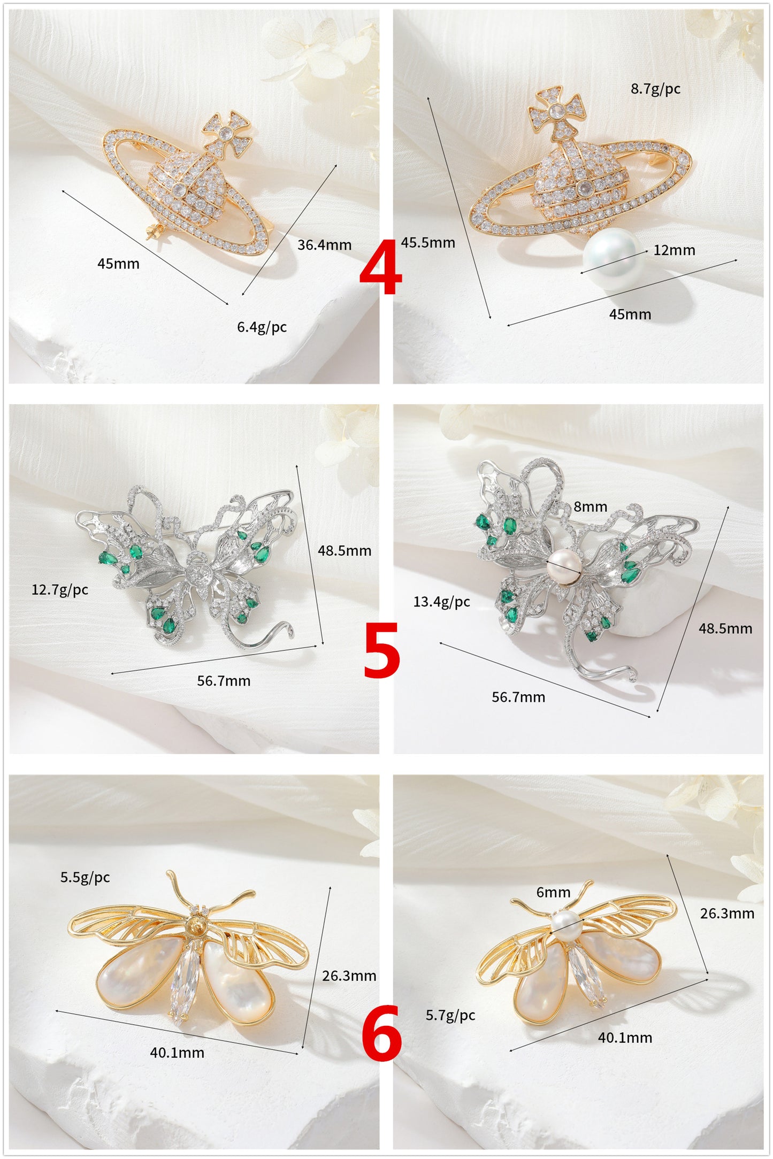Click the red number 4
[380, 267]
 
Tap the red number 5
[381, 650]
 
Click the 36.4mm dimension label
[324, 245]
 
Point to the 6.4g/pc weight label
[262, 327]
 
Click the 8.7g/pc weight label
[655, 89]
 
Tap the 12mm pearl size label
[674, 250]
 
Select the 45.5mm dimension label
[428, 243]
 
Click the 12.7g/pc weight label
[60, 590]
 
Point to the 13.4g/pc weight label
[441, 602]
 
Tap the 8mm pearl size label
[590, 506]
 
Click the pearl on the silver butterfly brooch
[563, 566]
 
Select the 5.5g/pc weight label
[85, 877]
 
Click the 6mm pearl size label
[553, 892]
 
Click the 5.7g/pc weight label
[450, 1015]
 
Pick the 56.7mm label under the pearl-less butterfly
[224, 681]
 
